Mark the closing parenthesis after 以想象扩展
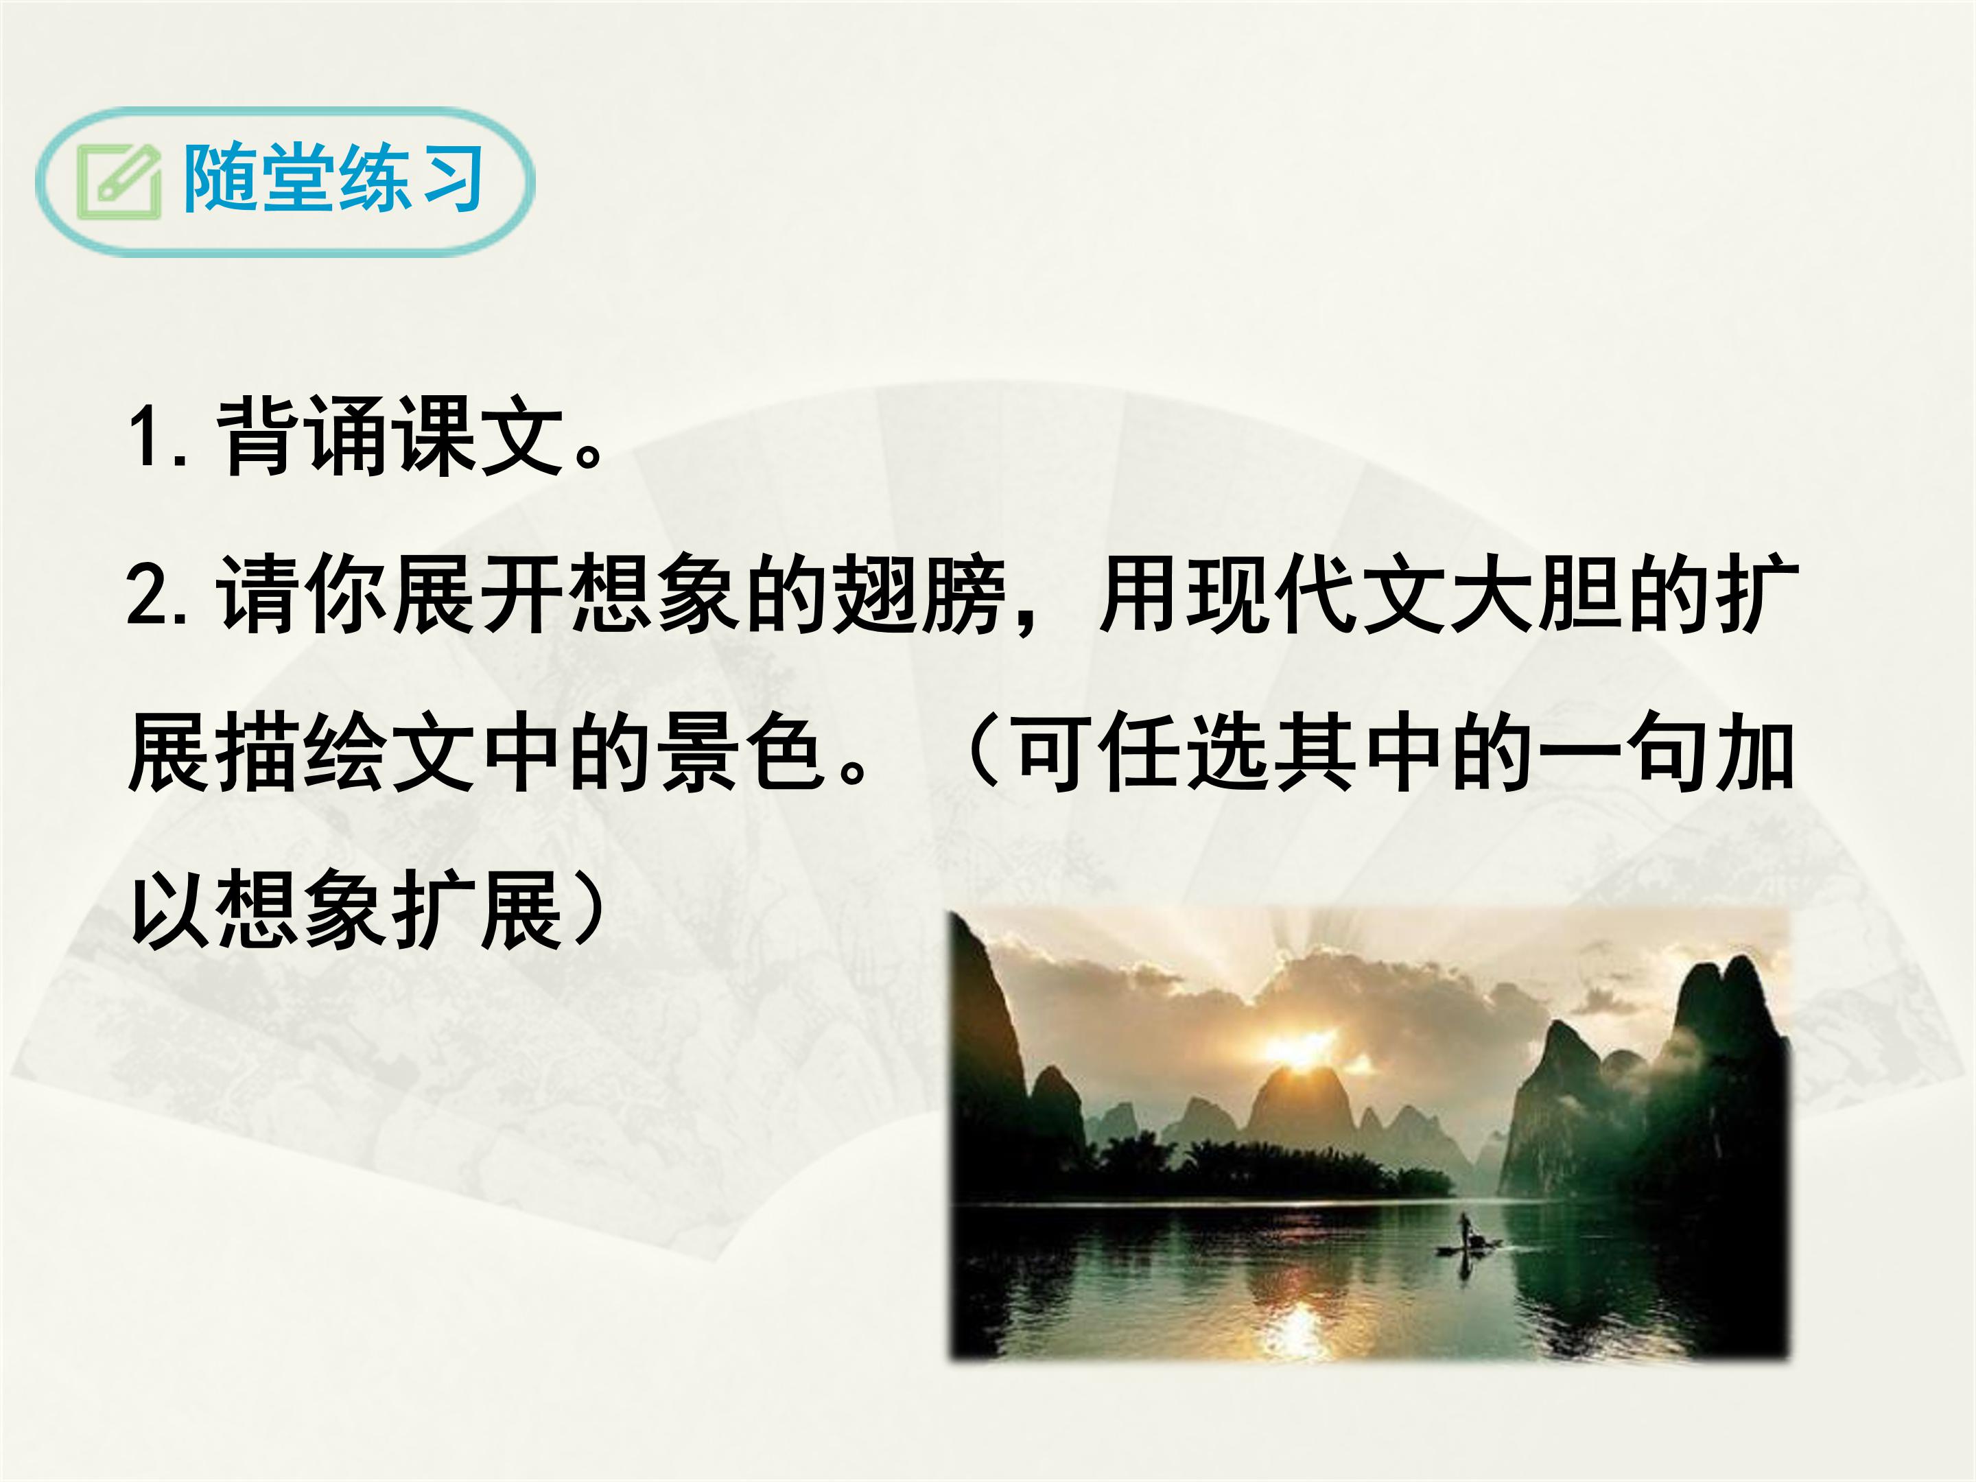click(589, 911)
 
